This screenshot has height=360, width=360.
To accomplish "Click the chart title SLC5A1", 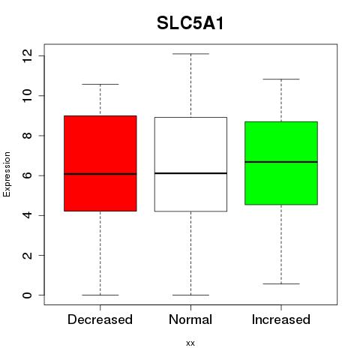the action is [190, 23].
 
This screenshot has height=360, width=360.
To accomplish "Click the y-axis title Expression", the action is [7, 174].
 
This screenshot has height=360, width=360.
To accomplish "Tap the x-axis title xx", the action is [190, 343].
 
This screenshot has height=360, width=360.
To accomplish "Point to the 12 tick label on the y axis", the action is [27, 55].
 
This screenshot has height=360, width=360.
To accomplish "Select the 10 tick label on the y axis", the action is [27, 95].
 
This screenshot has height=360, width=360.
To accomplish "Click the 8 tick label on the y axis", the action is [27, 136].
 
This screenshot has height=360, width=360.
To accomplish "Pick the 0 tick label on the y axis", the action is [27, 295].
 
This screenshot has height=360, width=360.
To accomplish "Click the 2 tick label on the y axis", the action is [27, 255].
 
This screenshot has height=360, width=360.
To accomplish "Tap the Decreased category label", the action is [100, 319].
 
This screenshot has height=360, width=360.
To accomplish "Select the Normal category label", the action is [190, 319].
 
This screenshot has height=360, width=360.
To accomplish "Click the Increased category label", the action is [281, 319].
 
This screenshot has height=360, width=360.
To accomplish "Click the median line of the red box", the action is [100, 174].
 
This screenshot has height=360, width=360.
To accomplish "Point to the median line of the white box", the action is [190, 173].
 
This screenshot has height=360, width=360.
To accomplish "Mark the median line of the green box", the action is [281, 162].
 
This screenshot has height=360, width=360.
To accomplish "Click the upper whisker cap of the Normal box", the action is [190, 54].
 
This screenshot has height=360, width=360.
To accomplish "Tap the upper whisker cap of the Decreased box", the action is [100, 84].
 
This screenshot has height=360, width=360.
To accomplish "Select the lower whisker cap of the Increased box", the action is [281, 283].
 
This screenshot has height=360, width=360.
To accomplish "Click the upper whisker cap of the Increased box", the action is [281, 79].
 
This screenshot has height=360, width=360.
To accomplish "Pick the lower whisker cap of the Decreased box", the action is [100, 295].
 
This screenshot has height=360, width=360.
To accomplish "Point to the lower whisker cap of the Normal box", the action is [190, 295].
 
